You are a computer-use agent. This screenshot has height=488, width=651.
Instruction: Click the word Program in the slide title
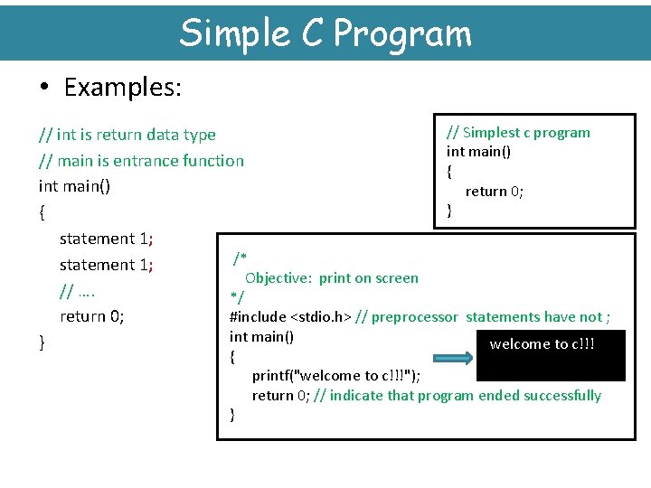(x=402, y=33)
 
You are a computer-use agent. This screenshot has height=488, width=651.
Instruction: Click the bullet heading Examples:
(x=122, y=88)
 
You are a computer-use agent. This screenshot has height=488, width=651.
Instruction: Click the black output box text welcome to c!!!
(x=542, y=343)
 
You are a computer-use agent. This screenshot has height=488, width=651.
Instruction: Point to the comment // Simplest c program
(x=518, y=133)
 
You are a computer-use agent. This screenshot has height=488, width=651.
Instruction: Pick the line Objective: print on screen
(x=331, y=277)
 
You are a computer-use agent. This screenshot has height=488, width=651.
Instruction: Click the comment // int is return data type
(x=127, y=135)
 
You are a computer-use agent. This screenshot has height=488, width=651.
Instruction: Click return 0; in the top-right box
(x=494, y=191)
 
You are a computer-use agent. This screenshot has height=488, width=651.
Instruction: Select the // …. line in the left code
(x=78, y=291)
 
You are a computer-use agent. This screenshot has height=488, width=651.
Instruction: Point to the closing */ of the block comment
(x=237, y=296)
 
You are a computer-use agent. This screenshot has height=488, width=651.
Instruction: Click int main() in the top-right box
(x=478, y=152)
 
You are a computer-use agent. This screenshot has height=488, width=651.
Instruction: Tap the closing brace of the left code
(x=42, y=342)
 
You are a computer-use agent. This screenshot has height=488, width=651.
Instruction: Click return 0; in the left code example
(x=91, y=316)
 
